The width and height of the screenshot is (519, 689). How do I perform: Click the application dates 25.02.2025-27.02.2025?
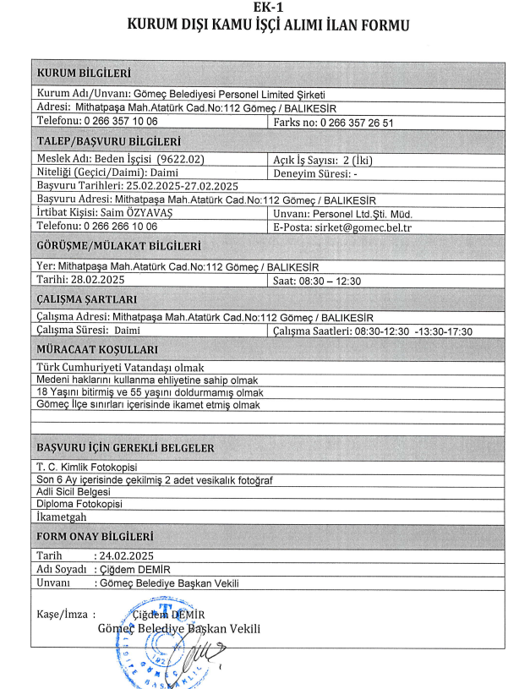tap(173, 185)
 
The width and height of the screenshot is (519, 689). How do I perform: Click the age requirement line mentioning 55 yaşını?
tap(141, 393)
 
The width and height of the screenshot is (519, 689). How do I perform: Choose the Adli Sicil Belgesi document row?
tap(74, 492)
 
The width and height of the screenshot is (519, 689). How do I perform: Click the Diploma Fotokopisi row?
tap(79, 505)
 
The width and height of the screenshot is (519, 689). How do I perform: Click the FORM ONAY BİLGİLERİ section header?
tap(96, 536)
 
